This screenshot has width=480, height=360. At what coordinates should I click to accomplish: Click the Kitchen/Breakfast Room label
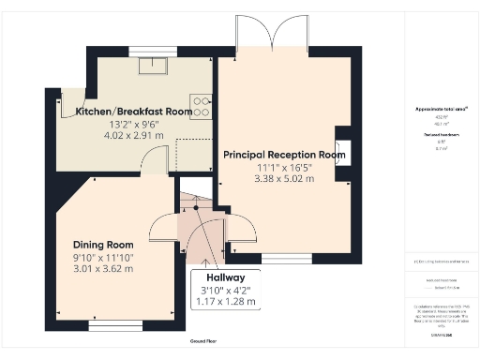point(134,112)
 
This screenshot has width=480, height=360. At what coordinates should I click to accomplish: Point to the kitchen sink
point(150,65)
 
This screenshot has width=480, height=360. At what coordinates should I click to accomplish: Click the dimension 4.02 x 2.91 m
point(133,136)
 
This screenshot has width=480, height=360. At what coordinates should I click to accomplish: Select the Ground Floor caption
point(203,342)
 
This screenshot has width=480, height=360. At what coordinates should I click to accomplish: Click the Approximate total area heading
point(441,110)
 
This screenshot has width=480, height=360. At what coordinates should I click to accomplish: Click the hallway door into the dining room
point(164,230)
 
